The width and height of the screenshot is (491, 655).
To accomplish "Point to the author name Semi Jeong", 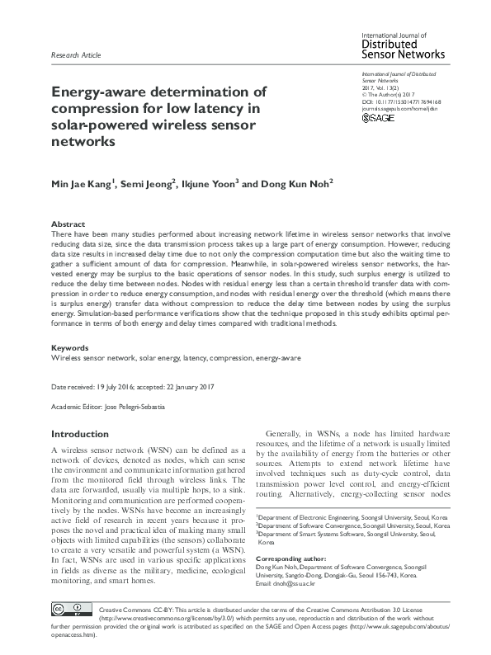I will pyautogui.click(x=150, y=182).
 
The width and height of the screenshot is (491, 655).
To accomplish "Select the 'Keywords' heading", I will pyautogui.click(x=70, y=349).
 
